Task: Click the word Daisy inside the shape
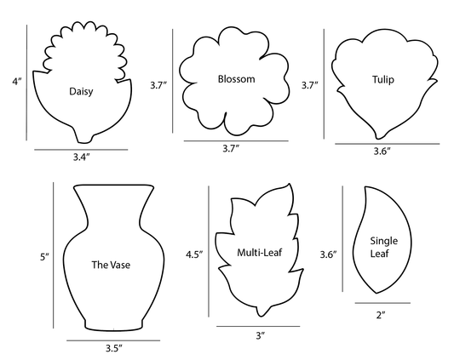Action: click(x=81, y=91)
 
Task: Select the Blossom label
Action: click(x=236, y=79)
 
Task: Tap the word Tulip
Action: click(x=383, y=79)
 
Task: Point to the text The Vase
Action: click(x=111, y=265)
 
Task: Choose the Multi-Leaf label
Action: click(x=260, y=253)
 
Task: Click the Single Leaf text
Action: click(x=384, y=247)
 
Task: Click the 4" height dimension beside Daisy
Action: click(x=17, y=82)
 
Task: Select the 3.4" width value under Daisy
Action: click(x=81, y=157)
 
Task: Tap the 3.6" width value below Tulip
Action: click(x=382, y=151)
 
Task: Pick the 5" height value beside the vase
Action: click(x=44, y=257)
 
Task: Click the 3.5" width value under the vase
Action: click(x=114, y=348)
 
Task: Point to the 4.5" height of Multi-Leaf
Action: click(x=194, y=254)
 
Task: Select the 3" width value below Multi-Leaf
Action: click(x=261, y=335)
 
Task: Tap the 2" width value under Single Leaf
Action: click(x=381, y=315)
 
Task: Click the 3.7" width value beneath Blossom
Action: click(x=231, y=148)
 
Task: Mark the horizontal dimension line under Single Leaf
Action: click(x=382, y=303)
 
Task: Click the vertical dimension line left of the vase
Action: click(x=54, y=255)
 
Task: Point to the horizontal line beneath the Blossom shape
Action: click(x=236, y=141)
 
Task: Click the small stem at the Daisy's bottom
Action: click(x=85, y=139)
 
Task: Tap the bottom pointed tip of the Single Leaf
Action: click(x=376, y=293)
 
